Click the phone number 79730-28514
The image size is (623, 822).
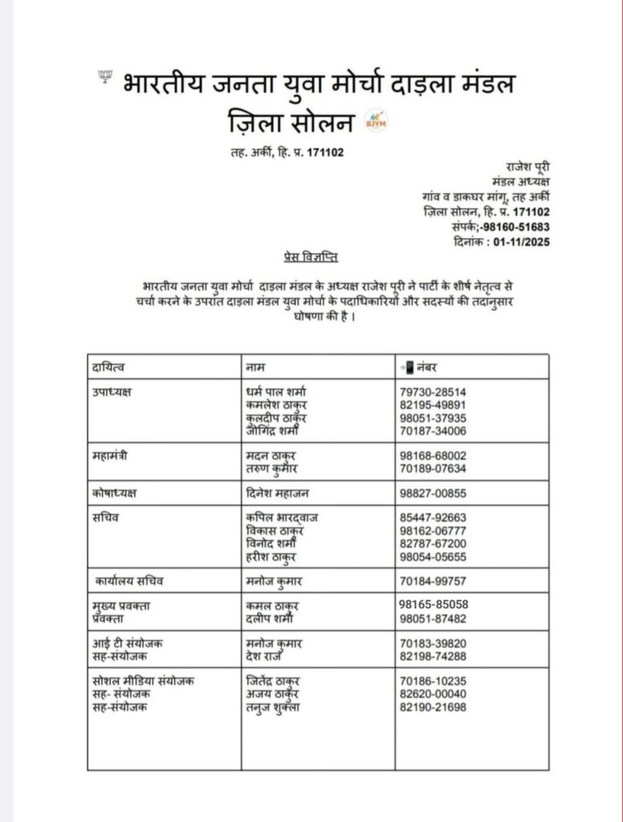tap(433, 392)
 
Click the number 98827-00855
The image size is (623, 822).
tap(433, 492)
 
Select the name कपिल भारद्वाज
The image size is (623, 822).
tap(281, 518)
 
